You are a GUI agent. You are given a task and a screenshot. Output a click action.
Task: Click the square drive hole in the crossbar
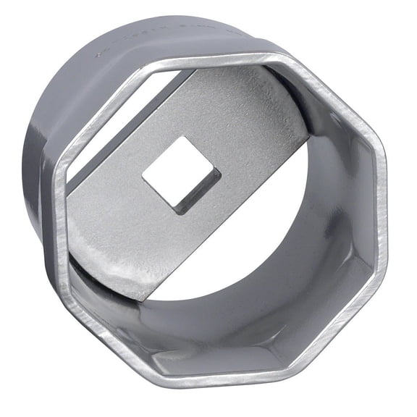tap(180, 173)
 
